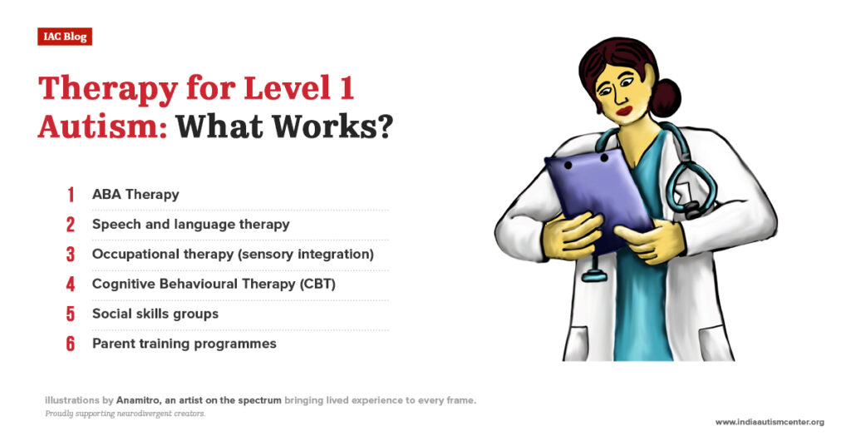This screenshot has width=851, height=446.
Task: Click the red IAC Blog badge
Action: point(64,37)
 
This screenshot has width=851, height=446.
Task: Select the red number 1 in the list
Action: point(71,195)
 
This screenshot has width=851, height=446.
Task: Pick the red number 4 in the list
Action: point(71,284)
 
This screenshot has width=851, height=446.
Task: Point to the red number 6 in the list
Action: point(71,344)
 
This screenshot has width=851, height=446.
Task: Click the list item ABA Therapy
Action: point(135,195)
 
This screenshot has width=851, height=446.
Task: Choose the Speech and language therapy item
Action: point(190,224)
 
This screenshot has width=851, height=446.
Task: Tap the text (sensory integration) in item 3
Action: point(312,254)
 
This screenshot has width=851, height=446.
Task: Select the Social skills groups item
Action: point(155,314)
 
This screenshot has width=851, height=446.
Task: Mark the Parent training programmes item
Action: point(184,344)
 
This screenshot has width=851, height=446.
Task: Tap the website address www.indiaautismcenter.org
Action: point(769,422)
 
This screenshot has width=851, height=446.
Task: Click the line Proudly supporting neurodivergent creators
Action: point(125,414)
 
